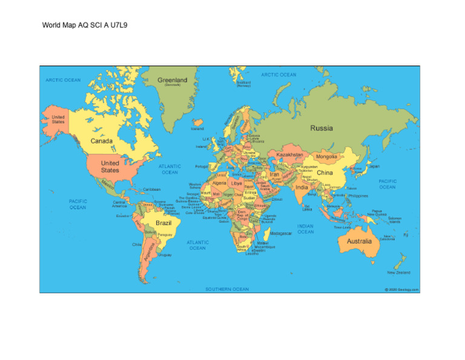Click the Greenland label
tap(173, 80)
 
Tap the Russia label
tap(322, 128)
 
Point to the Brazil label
tap(164, 223)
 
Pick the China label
tap(325, 173)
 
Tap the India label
tap(302, 187)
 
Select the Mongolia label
tap(326, 156)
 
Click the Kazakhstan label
tap(289, 155)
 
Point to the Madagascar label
tap(281, 233)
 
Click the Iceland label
tap(197, 128)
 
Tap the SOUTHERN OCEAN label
tap(227, 289)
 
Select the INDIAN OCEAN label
tap(306, 228)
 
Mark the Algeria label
tap(220, 182)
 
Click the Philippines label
tap(358, 196)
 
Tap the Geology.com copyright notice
tap(401, 289)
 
